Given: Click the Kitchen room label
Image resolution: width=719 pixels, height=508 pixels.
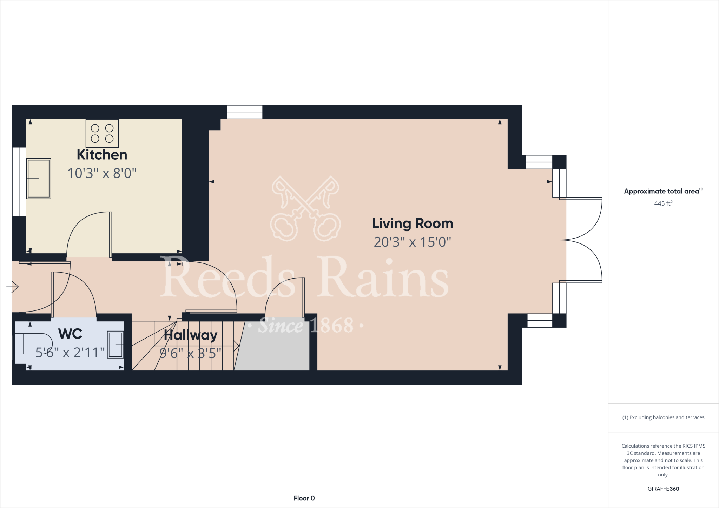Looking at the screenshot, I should [x=102, y=155].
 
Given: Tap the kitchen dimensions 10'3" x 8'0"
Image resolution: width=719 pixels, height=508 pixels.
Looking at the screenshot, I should [x=102, y=173].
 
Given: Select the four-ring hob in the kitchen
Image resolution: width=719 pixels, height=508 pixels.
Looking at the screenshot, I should [x=102, y=133].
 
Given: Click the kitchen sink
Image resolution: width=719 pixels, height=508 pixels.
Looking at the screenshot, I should [x=39, y=179].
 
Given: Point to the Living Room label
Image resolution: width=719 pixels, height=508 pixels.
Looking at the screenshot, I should [x=413, y=223].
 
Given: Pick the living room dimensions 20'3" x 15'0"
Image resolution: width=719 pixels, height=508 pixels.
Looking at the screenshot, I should [x=413, y=242].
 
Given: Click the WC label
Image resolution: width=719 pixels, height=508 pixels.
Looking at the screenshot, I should [x=70, y=334].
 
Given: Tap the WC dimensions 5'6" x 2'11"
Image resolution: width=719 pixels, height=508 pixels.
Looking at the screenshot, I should [x=70, y=353].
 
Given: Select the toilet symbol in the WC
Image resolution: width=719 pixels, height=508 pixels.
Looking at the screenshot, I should [x=33, y=344].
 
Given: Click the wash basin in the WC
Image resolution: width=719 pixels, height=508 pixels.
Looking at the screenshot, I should [x=116, y=345].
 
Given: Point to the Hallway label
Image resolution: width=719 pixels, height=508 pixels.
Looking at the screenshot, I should [x=191, y=335].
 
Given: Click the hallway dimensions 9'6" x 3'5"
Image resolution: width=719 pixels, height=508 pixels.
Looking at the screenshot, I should [x=191, y=353].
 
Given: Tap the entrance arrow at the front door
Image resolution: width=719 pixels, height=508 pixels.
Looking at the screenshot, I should [x=13, y=287].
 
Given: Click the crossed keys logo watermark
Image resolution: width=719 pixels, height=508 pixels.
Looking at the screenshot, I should [x=305, y=209].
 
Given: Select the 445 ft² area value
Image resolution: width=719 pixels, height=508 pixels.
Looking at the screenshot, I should [x=663, y=203].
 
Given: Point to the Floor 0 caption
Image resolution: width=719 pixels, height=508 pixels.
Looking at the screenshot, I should [x=304, y=498].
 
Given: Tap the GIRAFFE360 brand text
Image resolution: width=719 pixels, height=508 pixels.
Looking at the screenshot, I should [x=663, y=489].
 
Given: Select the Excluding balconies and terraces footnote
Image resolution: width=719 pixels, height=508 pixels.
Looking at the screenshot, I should [x=663, y=417].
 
